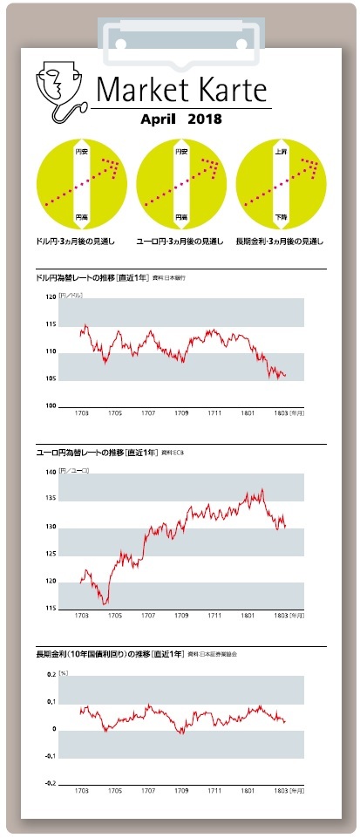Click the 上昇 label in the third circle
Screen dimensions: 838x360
click(281, 152)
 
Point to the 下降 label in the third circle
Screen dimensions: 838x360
click(281, 215)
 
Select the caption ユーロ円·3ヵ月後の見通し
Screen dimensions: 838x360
click(180, 241)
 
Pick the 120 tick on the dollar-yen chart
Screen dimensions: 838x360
click(50, 297)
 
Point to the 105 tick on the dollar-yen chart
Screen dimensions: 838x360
click(50, 378)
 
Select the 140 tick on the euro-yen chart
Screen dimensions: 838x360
click(50, 472)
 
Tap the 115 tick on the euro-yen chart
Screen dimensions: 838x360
click(50, 608)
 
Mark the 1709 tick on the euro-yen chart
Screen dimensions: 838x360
click(182, 616)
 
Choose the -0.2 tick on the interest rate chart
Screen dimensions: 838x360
click(49, 784)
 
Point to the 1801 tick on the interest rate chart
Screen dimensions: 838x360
click(248, 791)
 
